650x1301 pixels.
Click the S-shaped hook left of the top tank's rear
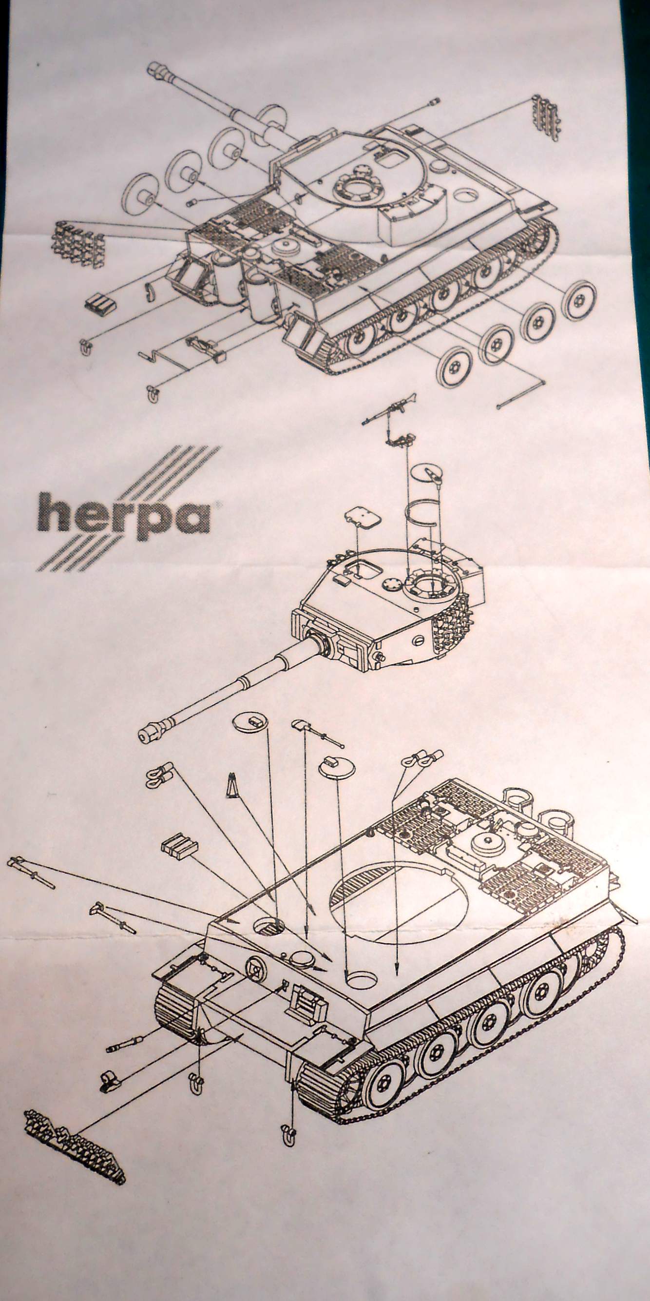pyautogui.click(x=151, y=291)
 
